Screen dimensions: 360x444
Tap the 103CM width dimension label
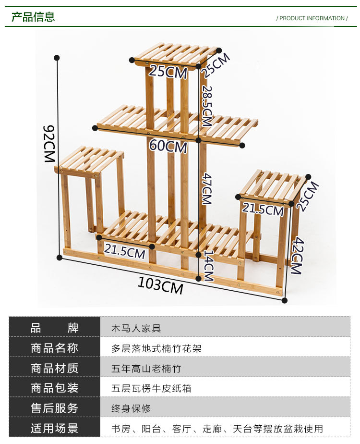pos(161,285)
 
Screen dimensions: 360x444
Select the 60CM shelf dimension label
pos(168,146)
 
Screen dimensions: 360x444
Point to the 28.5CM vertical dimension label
pos(206,106)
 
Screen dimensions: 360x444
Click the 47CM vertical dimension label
pos(206,189)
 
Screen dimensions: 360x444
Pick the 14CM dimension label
pos(208,265)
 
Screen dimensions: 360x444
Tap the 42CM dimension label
pos(296,255)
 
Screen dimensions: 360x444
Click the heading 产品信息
pos(33,17)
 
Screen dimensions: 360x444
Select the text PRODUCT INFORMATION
pos(312,18)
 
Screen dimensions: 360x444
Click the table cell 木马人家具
pos(136,329)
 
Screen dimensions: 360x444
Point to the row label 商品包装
pos(54,388)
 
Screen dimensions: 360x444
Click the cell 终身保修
pos(131,408)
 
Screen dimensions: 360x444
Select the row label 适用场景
pos(54,428)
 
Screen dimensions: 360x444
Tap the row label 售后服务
pos(54,408)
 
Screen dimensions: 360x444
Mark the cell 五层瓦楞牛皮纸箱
pos(151,388)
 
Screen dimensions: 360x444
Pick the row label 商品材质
pos(54,369)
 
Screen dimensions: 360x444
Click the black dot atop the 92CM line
pos(57,58)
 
